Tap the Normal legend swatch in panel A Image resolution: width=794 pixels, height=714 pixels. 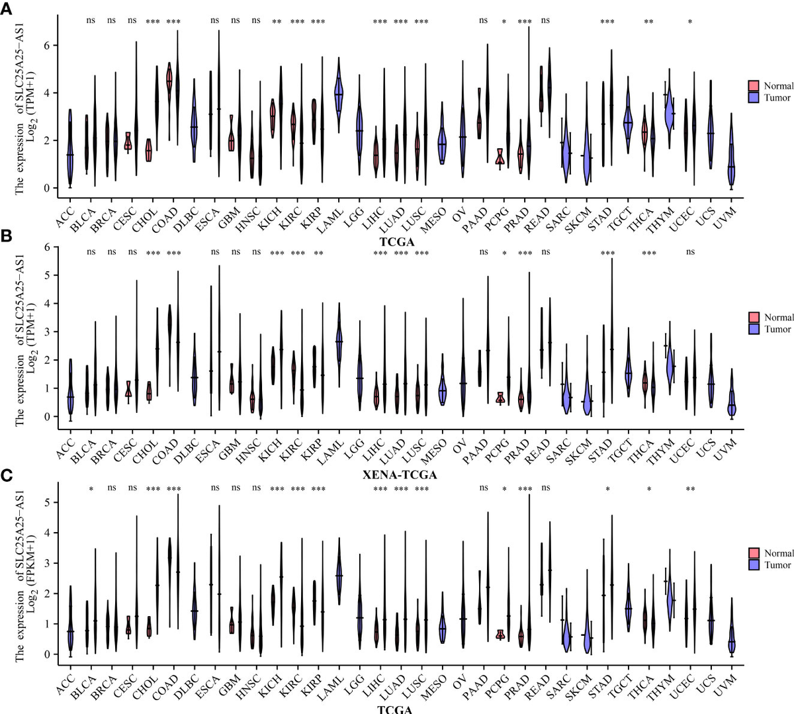tap(753, 86)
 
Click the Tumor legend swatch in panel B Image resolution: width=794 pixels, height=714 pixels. tap(753, 329)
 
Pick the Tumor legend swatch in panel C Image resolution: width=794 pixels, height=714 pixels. tap(753, 564)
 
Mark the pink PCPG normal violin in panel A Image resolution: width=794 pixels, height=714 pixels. tap(500, 159)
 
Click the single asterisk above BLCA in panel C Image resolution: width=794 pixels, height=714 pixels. tap(91, 490)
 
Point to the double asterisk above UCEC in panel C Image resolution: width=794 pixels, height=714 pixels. tap(690, 490)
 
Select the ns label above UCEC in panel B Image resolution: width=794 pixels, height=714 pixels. tap(690, 252)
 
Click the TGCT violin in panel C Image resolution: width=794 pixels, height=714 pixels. tap(628, 605)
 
